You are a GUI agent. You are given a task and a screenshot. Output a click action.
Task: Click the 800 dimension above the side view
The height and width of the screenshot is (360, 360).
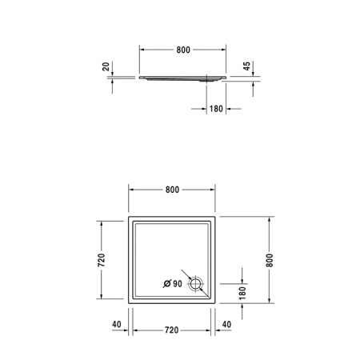click(x=182, y=50)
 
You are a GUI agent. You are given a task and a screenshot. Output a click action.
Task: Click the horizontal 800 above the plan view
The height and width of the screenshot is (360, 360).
click(x=172, y=190)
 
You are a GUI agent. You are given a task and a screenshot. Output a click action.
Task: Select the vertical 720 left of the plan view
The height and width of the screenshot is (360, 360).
click(x=102, y=260)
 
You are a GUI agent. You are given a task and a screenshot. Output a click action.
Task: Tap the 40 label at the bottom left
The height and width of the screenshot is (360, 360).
click(x=117, y=325)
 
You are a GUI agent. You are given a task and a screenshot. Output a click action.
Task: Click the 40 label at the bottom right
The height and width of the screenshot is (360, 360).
click(x=226, y=325)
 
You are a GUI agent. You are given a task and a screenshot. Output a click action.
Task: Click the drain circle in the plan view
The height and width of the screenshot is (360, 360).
click(x=196, y=283)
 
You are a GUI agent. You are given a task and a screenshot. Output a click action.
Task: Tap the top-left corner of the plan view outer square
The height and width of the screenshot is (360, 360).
click(x=128, y=216)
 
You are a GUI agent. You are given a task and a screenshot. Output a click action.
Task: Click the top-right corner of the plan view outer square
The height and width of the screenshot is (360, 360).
click(x=216, y=216)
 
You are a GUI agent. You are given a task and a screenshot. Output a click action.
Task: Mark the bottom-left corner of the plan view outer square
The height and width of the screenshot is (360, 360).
click(x=128, y=304)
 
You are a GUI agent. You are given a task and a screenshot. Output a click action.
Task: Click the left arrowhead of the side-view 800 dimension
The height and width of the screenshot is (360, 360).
click(x=144, y=50)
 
